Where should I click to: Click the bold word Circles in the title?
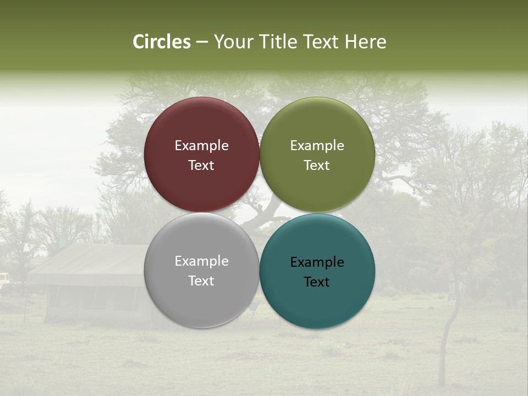tap(161, 42)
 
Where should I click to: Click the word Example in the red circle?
tap(201, 145)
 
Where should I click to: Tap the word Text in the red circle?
tap(201, 165)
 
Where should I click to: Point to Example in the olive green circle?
tap(317, 145)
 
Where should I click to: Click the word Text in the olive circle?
tap(317, 165)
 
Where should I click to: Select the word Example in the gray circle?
tap(201, 261)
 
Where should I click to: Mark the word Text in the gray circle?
tap(201, 280)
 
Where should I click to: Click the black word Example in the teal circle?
tap(317, 262)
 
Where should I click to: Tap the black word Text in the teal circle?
tap(317, 282)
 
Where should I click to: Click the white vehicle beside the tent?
tap(4, 279)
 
